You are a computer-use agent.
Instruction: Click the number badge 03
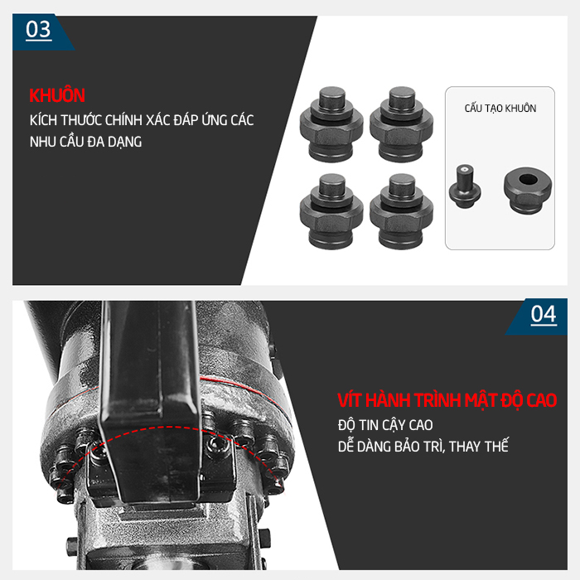click(x=39, y=30)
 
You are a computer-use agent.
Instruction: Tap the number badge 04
click(x=543, y=314)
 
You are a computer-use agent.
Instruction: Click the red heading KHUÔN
click(x=57, y=95)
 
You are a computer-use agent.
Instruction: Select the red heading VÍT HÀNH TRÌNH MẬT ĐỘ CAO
click(x=447, y=400)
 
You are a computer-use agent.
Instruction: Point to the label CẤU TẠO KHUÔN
click(x=500, y=109)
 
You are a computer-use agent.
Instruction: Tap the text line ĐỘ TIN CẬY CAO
click(x=385, y=425)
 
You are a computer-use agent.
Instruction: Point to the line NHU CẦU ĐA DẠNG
click(x=85, y=142)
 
